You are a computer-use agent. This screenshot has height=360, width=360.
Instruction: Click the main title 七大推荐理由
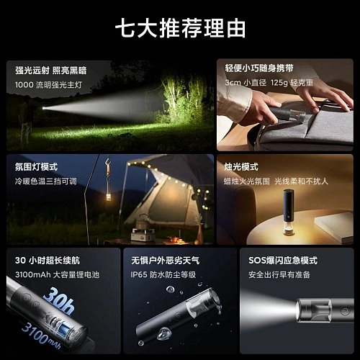click(x=181, y=28)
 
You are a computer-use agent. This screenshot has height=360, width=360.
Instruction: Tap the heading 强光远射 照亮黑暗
click(x=50, y=71)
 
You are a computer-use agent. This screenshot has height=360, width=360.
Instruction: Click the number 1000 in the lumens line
click(x=24, y=85)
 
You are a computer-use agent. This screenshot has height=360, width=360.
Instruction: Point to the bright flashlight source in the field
click(x=44, y=108)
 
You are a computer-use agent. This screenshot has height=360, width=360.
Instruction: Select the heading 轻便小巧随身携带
click(x=259, y=68)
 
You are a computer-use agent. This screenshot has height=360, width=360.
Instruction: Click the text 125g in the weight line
click(x=279, y=83)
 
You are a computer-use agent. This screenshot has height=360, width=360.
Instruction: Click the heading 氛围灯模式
click(x=36, y=167)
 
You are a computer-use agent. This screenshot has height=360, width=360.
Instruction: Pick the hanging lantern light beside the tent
click(x=108, y=197)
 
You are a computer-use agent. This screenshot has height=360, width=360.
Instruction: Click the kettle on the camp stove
click(x=143, y=223)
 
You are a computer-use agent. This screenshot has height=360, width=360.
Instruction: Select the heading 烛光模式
click(x=241, y=167)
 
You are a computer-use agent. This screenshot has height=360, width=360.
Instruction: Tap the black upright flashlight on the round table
click(x=288, y=212)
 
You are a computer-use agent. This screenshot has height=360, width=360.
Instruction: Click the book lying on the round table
click(x=334, y=226)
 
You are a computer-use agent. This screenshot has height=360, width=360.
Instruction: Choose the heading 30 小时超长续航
click(x=48, y=261)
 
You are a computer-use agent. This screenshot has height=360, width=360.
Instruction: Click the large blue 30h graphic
click(x=59, y=301)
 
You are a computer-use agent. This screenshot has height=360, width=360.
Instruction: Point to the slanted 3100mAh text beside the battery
click(x=41, y=336)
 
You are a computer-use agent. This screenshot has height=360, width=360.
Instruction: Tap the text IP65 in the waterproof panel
click(x=139, y=274)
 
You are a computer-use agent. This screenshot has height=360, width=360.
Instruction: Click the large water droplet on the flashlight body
click(x=163, y=333)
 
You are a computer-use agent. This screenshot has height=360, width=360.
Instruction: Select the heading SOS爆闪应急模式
click(x=283, y=261)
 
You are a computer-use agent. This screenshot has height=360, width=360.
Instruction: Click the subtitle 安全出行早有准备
click(x=279, y=274)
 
